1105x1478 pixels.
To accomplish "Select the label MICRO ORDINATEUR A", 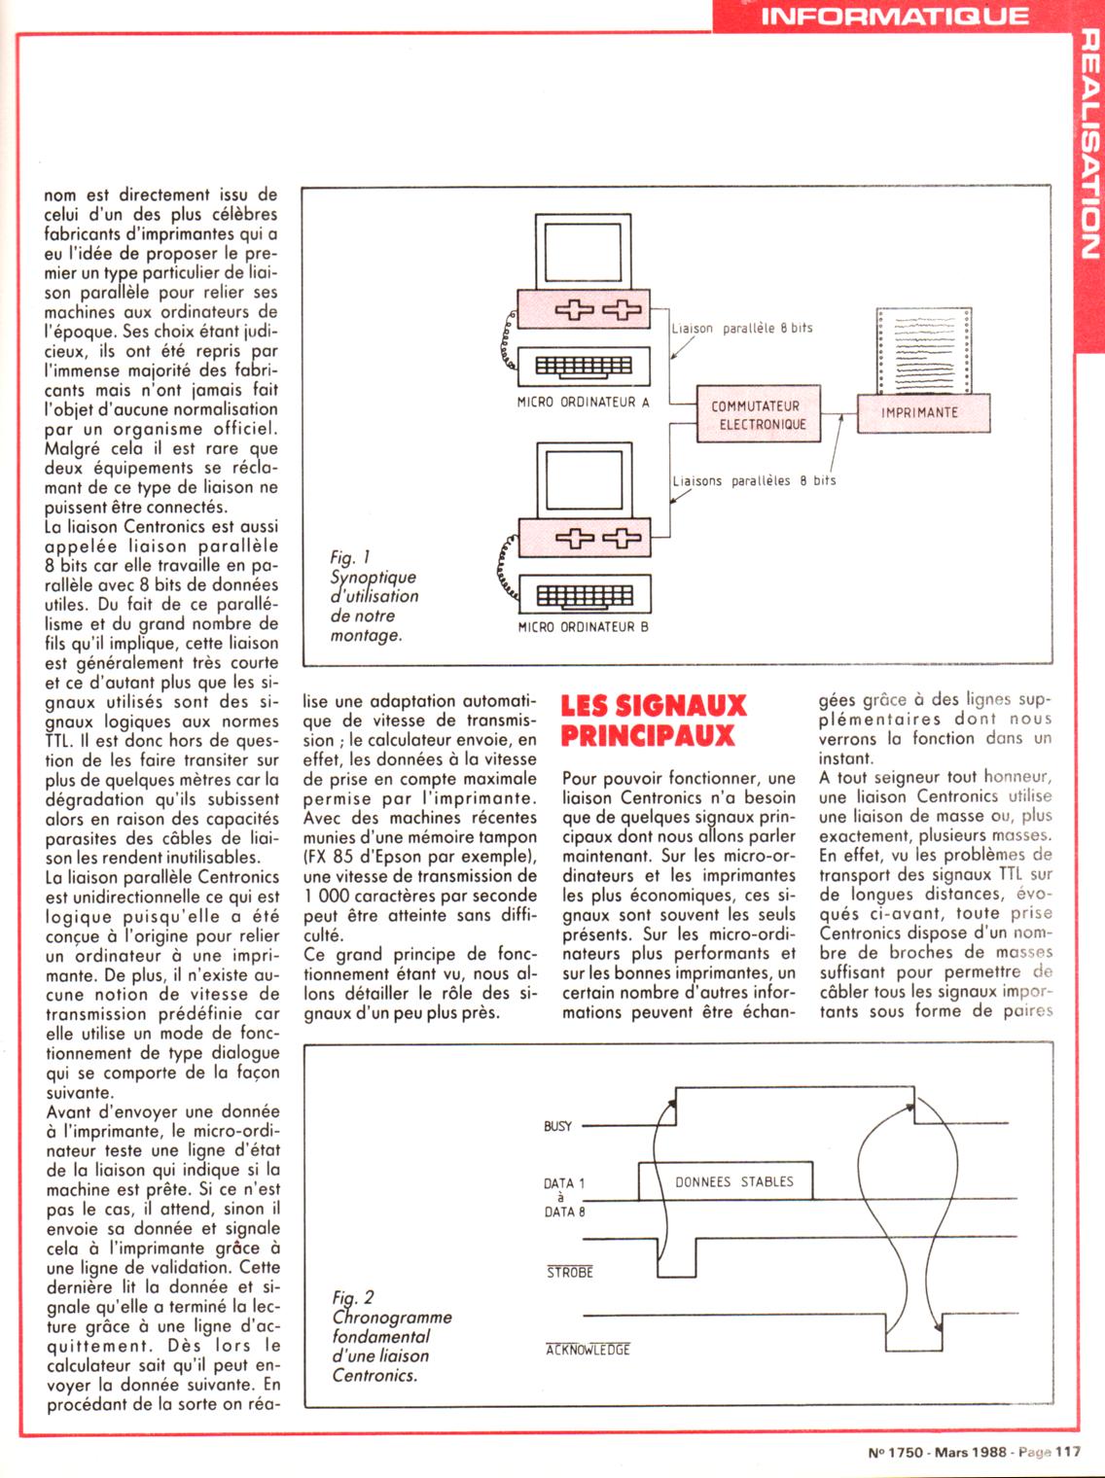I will [584, 402].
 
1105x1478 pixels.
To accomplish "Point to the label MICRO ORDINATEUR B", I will [584, 627].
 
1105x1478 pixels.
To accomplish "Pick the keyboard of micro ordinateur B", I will [584, 594].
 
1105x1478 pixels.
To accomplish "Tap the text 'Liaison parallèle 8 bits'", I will [742, 329].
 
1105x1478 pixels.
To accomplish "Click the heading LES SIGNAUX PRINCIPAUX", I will [654, 721].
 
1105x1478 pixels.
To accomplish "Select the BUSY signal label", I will [557, 1126].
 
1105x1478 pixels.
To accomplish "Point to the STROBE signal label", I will [569, 1272].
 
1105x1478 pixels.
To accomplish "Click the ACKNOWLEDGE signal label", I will [588, 1350].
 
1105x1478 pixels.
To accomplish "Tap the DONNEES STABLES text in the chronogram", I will [734, 1182].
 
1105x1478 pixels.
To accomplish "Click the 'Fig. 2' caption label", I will [353, 1297].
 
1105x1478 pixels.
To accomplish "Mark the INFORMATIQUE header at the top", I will [894, 16].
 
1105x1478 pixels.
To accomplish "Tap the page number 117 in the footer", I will [1067, 1452].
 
